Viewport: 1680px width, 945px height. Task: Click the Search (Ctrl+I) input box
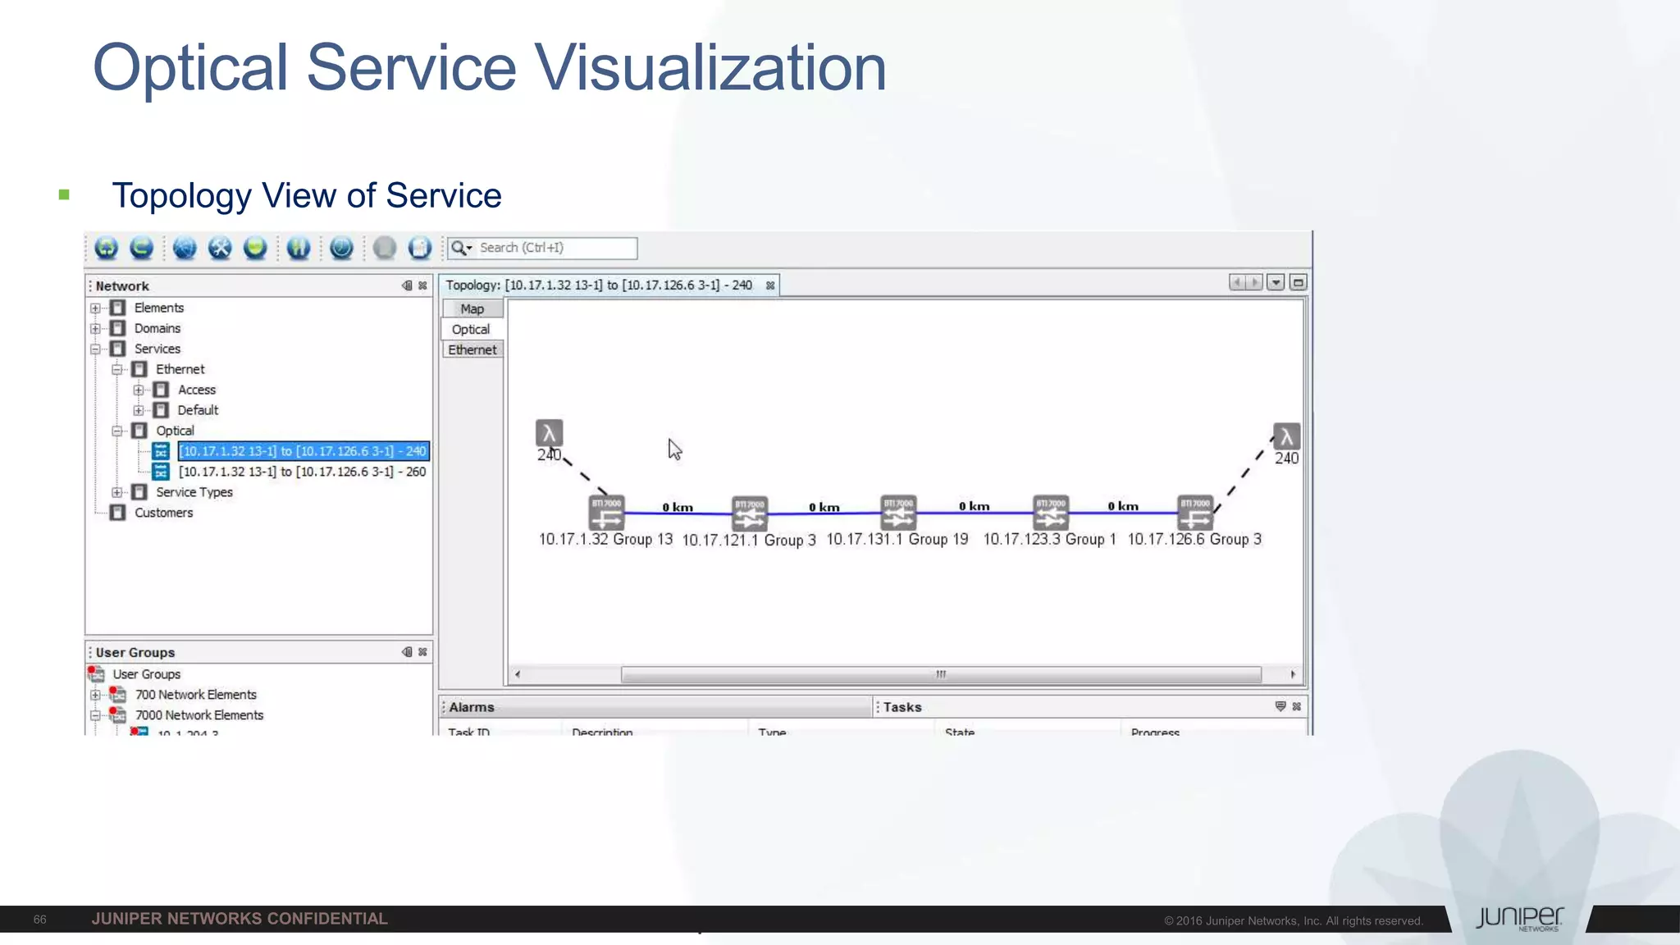[x=555, y=248]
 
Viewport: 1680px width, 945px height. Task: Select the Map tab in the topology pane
[x=472, y=308]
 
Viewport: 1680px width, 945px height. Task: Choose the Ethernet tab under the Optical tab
[x=472, y=349]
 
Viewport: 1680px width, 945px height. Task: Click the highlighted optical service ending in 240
[x=303, y=451]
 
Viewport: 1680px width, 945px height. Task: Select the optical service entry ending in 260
[x=302, y=472]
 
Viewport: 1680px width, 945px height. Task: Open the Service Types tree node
[x=194, y=492]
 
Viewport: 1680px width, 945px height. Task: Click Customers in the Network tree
[x=163, y=513]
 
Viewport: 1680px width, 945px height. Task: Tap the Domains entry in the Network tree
[x=157, y=328]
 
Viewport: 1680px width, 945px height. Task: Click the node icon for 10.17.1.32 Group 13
[x=606, y=513]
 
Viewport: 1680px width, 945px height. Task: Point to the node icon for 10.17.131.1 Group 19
[x=897, y=513]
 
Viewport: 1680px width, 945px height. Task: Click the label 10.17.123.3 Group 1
[x=1049, y=539]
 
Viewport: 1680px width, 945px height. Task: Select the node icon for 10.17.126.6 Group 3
[x=1194, y=513]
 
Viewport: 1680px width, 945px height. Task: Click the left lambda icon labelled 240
[x=549, y=433]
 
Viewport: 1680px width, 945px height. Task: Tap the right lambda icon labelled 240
[x=1286, y=436]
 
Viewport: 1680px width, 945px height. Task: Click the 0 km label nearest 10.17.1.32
[x=678, y=507]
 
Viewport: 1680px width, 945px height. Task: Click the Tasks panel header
[x=902, y=707]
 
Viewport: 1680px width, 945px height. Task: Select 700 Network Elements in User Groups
[x=195, y=695]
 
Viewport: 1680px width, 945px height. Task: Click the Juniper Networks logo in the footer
[x=1519, y=919]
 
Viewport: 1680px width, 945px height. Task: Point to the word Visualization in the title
[x=710, y=68]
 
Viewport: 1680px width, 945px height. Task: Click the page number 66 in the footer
[x=39, y=920]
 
